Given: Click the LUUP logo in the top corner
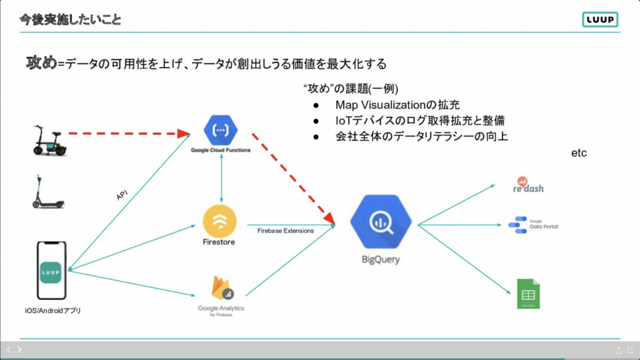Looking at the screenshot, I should pos(599,19).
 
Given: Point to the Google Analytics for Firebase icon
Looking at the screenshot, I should pos(220,288).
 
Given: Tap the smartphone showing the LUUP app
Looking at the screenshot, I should pos(52,272).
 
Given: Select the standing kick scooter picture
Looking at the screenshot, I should pos(48,191).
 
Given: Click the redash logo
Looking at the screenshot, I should pos(528,186).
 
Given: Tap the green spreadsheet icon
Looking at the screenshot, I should pos(528,293).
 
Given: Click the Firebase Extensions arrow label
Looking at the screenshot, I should pos(286,231).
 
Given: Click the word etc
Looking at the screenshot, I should pos(579,153).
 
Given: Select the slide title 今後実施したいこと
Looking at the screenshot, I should pos(70,20).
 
